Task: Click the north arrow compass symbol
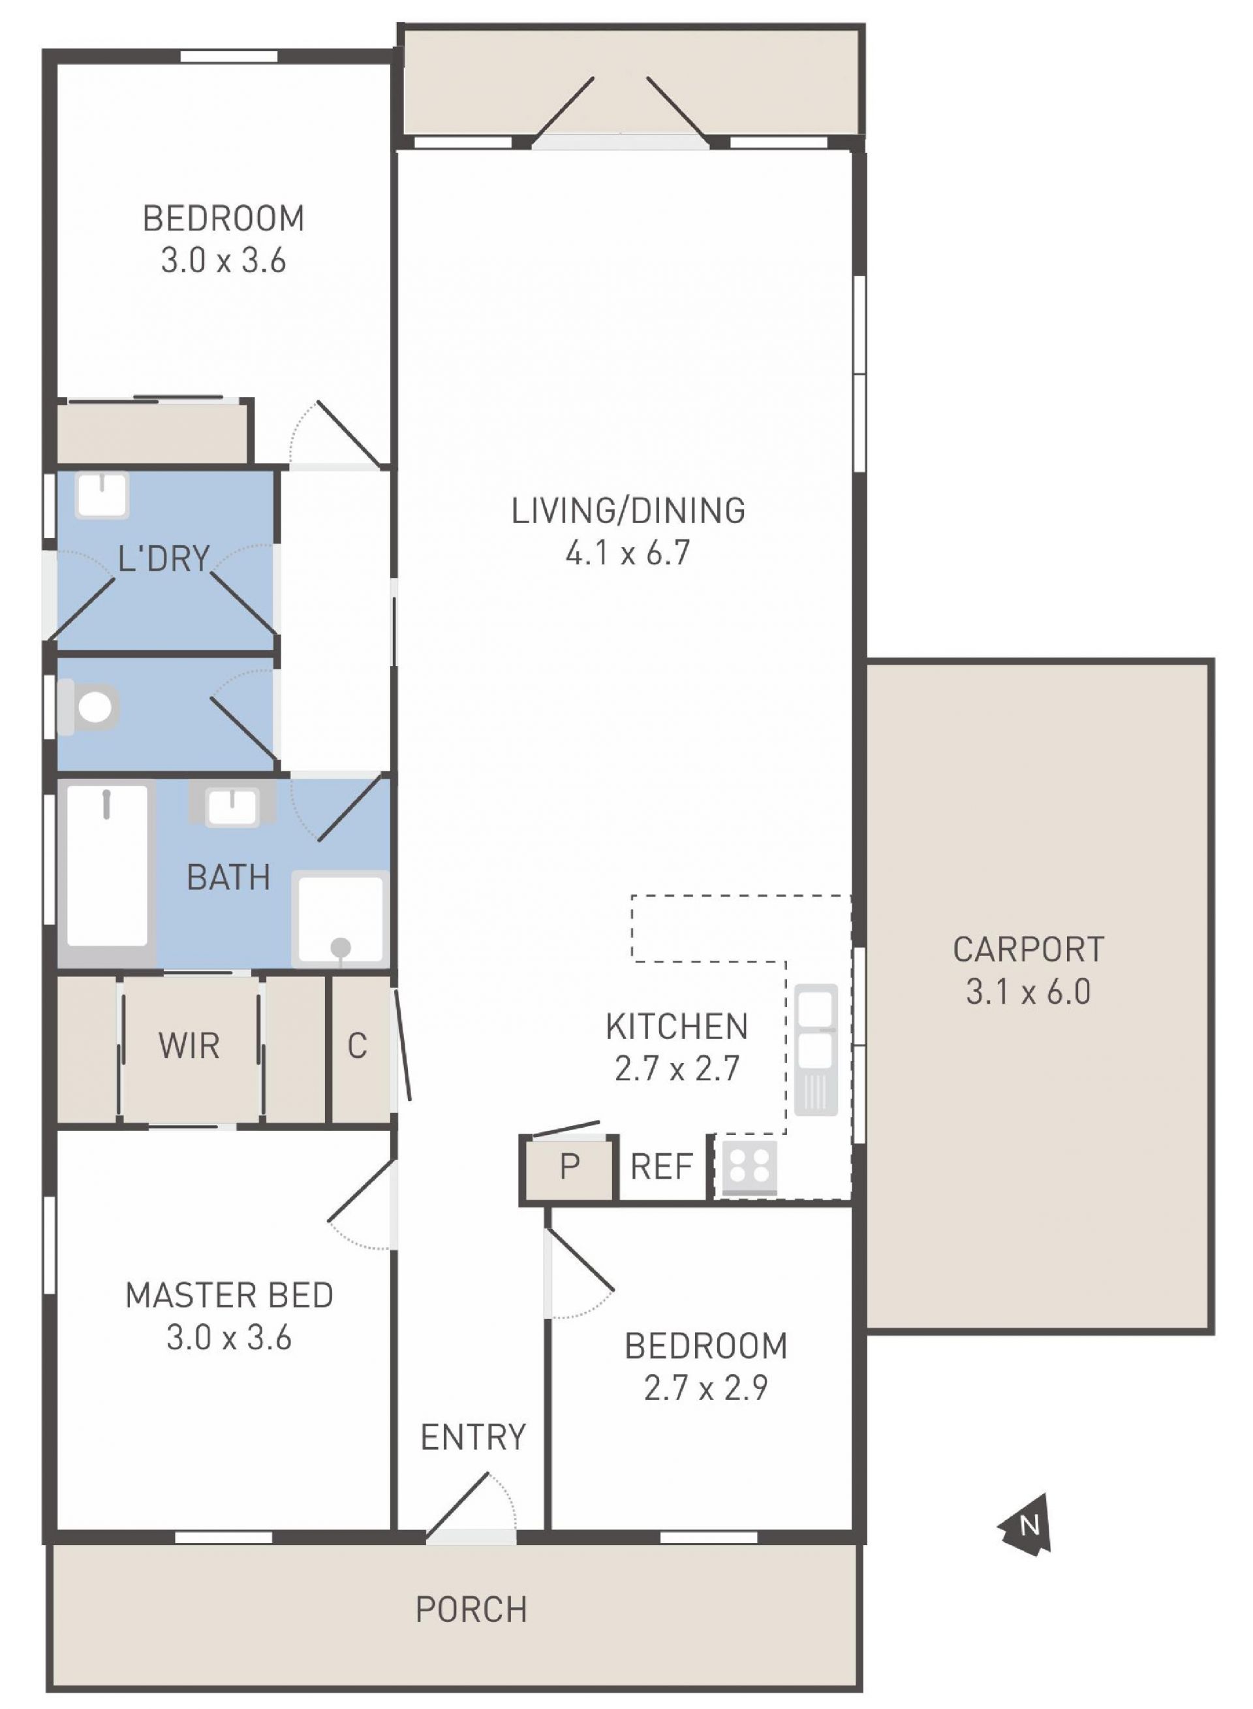tap(1026, 1525)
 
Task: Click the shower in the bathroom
tap(341, 919)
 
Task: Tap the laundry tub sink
tap(102, 495)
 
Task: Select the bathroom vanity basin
tap(233, 805)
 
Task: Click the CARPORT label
tap(1028, 950)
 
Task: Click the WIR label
tap(189, 1047)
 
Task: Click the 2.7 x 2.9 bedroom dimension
tap(705, 1388)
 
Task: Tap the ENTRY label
tap(472, 1437)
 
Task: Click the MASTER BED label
tap(229, 1296)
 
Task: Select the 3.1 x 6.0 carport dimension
tap(1028, 993)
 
